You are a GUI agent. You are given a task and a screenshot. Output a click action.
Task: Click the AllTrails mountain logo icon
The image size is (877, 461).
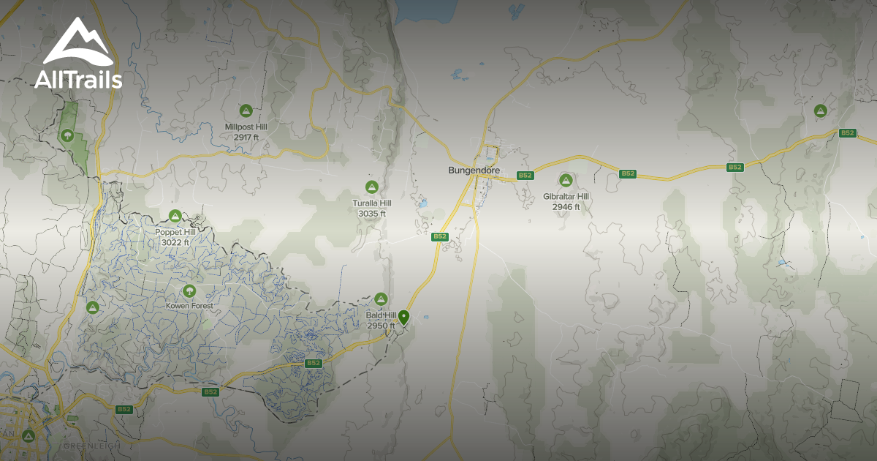78,44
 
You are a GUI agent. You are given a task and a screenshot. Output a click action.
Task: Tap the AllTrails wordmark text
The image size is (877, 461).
78,80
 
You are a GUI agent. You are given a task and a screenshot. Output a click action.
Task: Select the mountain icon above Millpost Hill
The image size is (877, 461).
246,110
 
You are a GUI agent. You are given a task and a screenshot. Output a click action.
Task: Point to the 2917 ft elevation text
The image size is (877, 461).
246,137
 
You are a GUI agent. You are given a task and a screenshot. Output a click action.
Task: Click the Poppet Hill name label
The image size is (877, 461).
175,232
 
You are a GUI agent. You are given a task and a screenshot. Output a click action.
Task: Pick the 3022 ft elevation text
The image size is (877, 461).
175,242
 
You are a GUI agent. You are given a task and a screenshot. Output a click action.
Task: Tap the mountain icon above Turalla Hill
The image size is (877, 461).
372,187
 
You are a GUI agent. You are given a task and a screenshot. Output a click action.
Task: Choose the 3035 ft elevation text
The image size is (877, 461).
372,214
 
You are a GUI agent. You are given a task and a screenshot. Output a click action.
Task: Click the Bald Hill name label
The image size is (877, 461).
380,315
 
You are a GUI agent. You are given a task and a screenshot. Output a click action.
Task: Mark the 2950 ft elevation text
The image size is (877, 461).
380,326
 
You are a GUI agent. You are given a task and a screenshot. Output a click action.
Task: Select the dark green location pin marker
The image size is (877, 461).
403,316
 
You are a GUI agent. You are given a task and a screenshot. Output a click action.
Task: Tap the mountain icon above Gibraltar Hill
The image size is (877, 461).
566,180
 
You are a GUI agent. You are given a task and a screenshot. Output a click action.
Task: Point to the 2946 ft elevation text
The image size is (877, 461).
566,207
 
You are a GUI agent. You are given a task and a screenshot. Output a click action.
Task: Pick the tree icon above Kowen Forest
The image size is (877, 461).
190,291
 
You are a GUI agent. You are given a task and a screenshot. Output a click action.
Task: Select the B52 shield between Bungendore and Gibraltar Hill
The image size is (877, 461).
525,176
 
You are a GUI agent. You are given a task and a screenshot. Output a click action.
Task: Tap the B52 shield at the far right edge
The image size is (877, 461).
847,133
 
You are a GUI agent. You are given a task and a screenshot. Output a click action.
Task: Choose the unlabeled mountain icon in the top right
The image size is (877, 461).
821,110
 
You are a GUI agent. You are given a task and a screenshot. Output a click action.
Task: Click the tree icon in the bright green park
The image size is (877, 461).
67,135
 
